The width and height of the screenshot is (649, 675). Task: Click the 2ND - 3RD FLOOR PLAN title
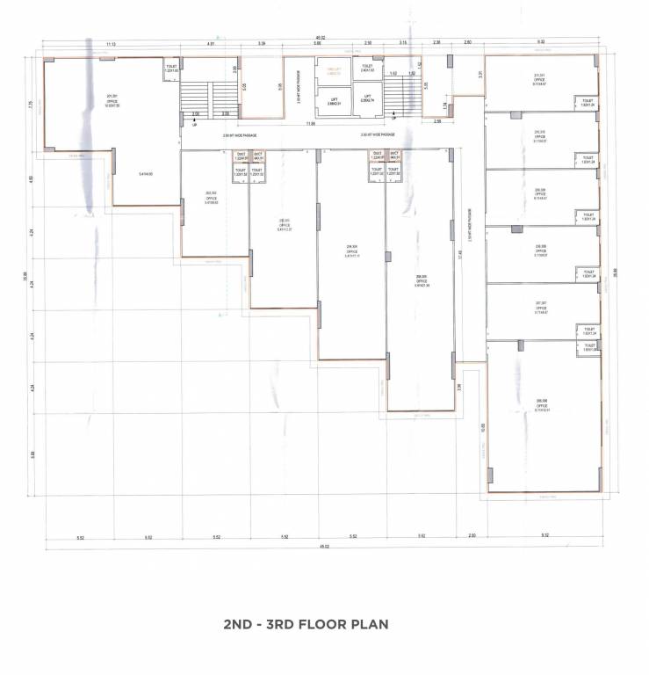click(306, 625)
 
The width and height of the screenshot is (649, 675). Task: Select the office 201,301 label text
click(112, 99)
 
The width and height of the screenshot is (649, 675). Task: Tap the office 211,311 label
click(539, 80)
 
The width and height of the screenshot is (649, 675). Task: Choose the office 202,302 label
click(211, 198)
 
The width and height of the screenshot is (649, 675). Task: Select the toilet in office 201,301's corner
click(171, 68)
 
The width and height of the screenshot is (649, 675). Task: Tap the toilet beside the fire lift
click(367, 68)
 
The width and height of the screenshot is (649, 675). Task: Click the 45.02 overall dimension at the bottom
click(324, 547)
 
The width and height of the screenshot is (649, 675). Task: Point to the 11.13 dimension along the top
click(112, 43)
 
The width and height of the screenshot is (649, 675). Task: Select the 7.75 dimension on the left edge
click(30, 104)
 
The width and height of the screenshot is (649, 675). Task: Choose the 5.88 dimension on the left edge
click(32, 454)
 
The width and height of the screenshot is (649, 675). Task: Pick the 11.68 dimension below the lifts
click(311, 124)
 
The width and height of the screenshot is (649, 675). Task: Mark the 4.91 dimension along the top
click(211, 43)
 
